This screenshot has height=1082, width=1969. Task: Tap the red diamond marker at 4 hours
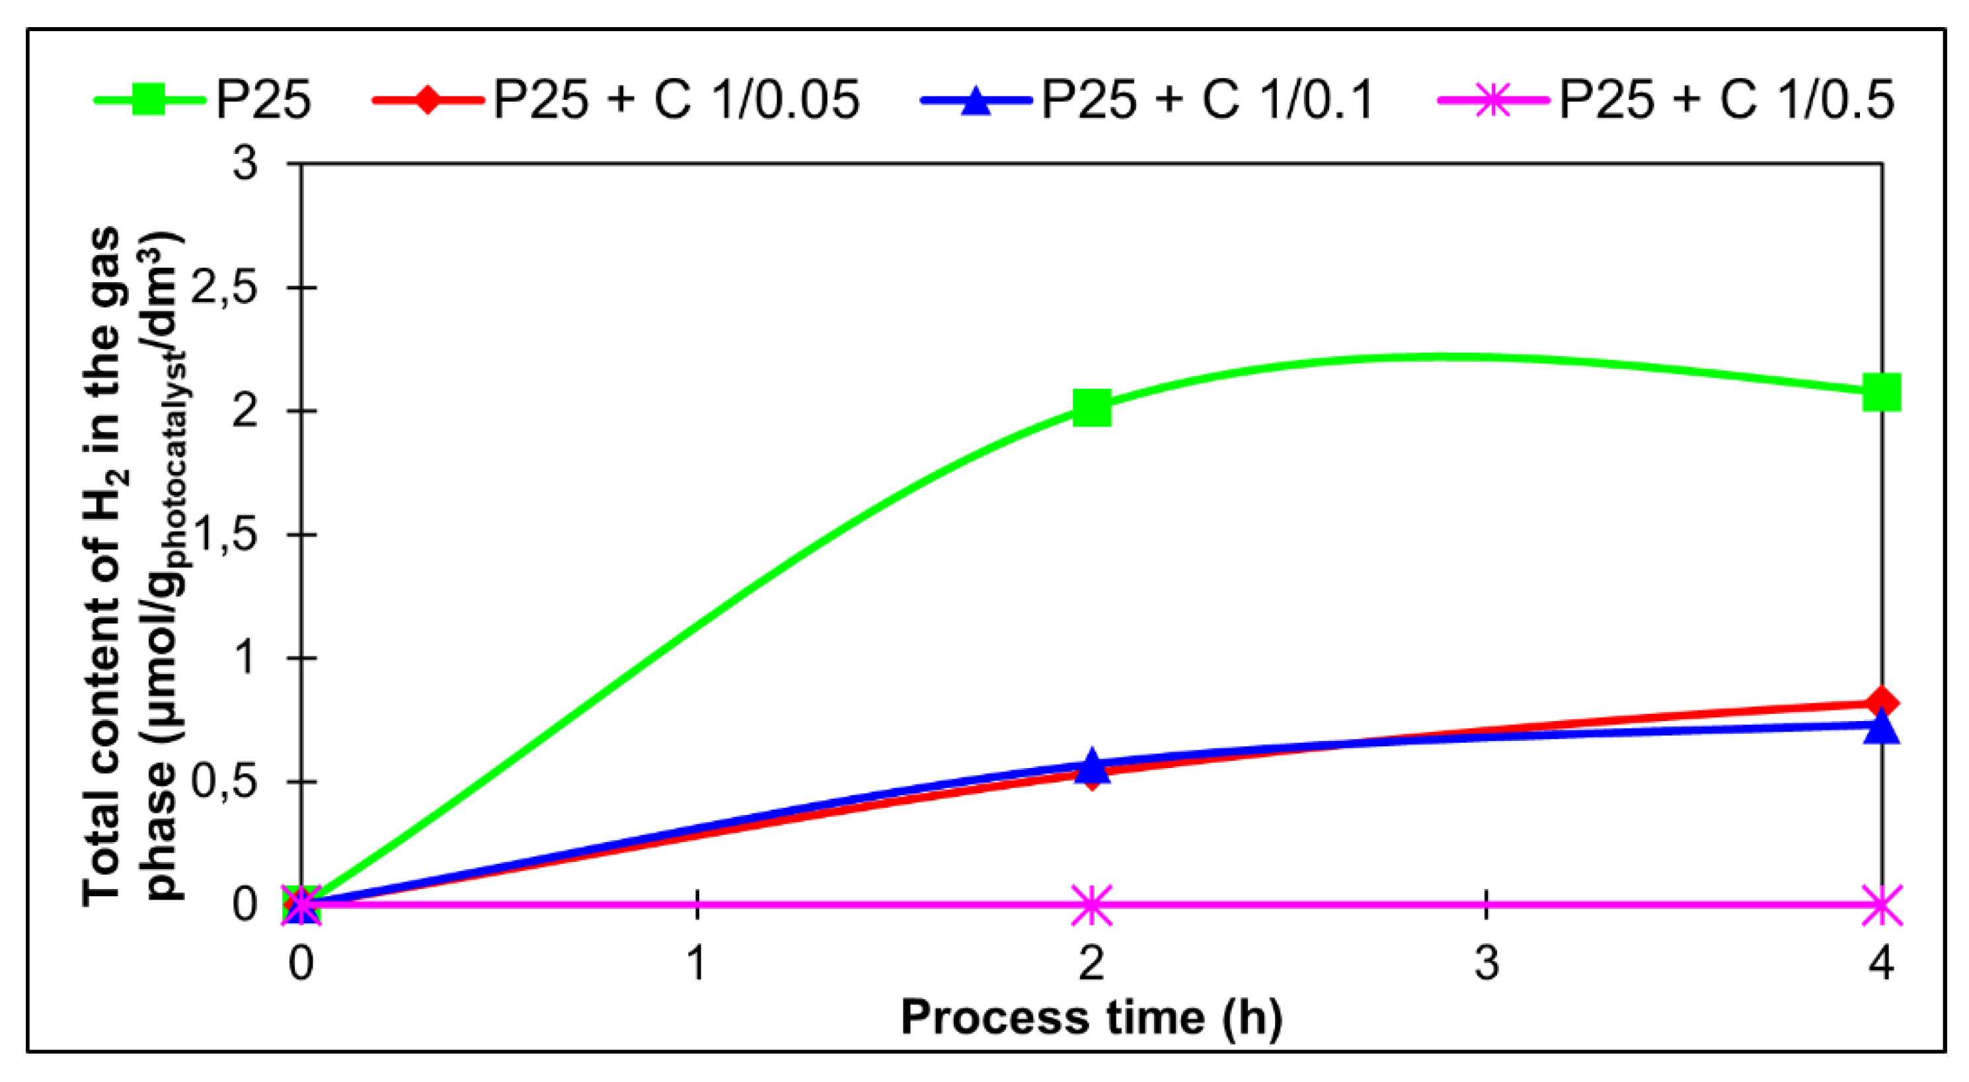(x=1881, y=701)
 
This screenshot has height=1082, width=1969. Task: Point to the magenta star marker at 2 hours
(x=1091, y=906)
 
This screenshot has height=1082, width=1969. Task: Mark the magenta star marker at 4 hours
(x=1881, y=906)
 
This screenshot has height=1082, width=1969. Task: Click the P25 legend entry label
(x=263, y=100)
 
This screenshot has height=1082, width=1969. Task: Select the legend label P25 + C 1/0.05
(x=676, y=100)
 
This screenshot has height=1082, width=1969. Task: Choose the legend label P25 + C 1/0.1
(x=1208, y=100)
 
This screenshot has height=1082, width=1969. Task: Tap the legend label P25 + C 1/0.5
(x=1726, y=100)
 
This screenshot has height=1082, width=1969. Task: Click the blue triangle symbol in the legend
(x=976, y=100)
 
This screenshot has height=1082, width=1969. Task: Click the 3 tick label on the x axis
(x=1486, y=963)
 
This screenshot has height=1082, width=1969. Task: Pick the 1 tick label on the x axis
(x=697, y=963)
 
